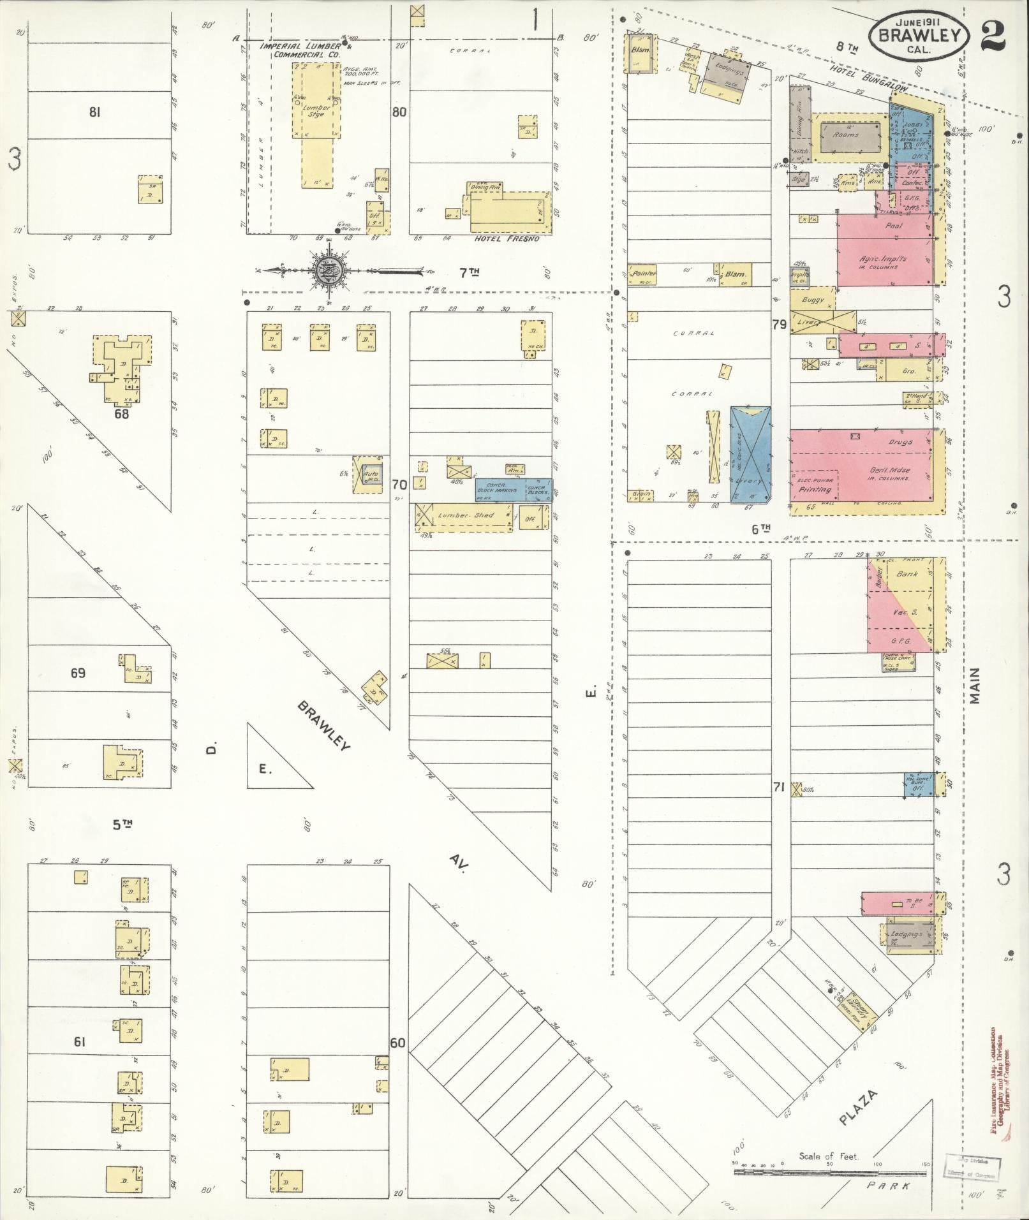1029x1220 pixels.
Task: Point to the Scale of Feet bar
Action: coord(829,1165)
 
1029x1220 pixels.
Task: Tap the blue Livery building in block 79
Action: coord(750,454)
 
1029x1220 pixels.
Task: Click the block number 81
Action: coord(95,113)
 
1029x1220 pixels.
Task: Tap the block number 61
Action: coord(79,1042)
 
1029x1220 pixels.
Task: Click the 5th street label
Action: coord(122,825)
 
